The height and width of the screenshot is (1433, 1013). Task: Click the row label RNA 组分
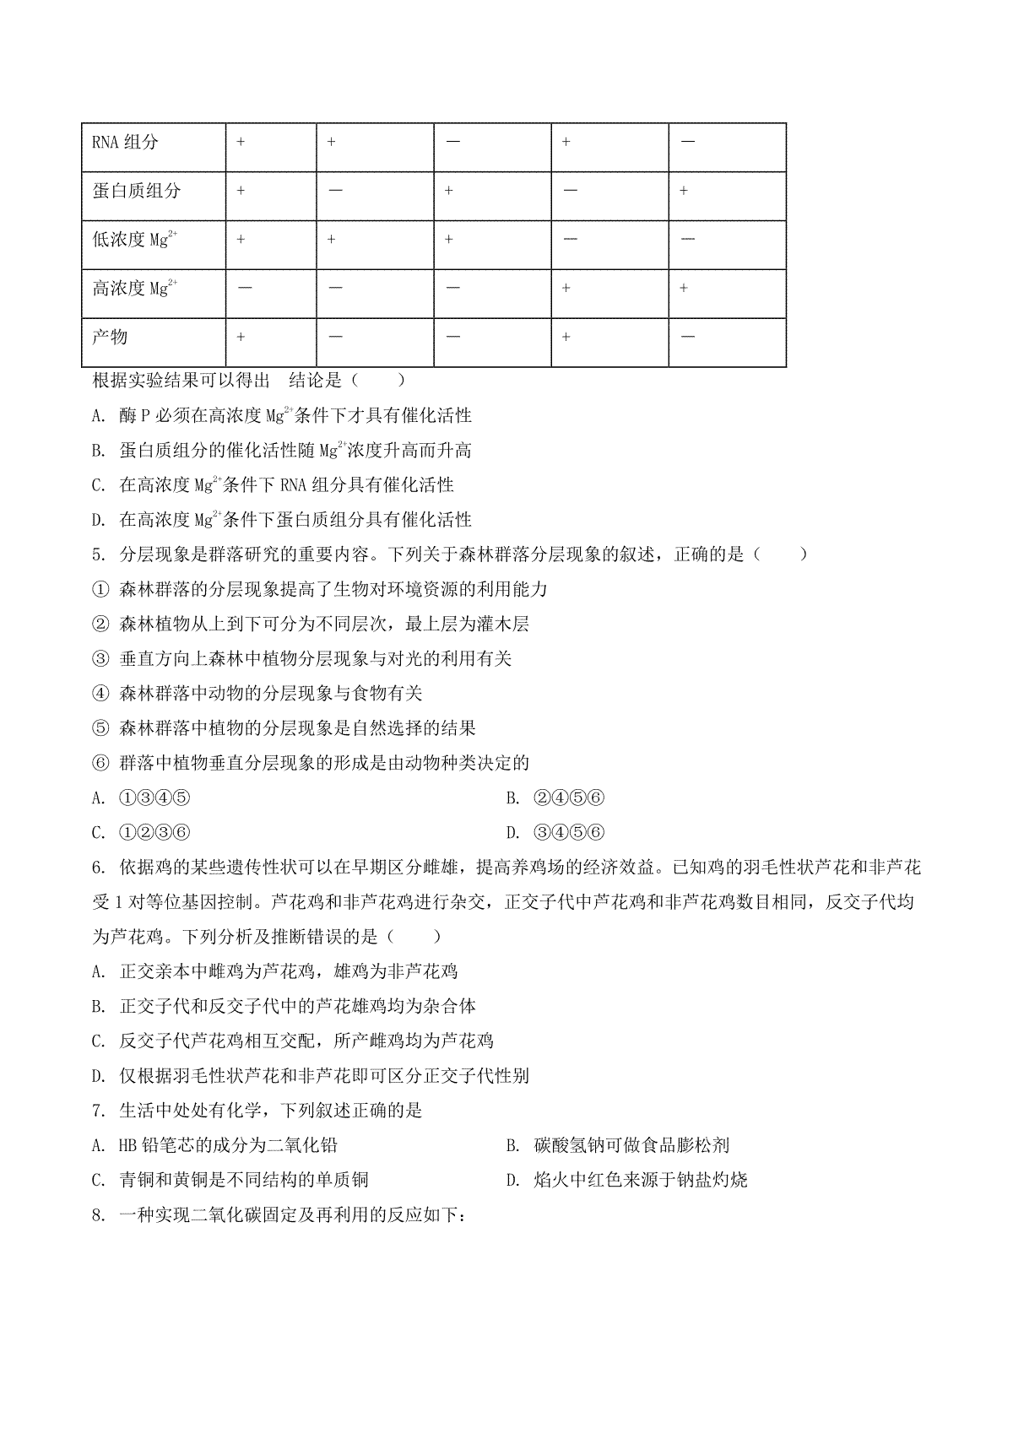[125, 142]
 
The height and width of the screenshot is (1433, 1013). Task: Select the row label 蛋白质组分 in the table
[136, 191]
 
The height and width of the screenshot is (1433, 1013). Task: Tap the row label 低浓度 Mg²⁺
[134, 240]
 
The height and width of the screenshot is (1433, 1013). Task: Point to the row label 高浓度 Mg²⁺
[134, 289]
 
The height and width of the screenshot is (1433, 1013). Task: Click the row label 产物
[110, 337]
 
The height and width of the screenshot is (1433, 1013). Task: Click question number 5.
[97, 555]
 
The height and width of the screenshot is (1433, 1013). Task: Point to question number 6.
[97, 868]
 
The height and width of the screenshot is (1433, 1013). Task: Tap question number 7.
[97, 1111]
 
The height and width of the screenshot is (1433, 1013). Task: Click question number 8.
[97, 1215]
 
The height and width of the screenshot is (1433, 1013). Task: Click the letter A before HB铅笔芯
[98, 1146]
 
